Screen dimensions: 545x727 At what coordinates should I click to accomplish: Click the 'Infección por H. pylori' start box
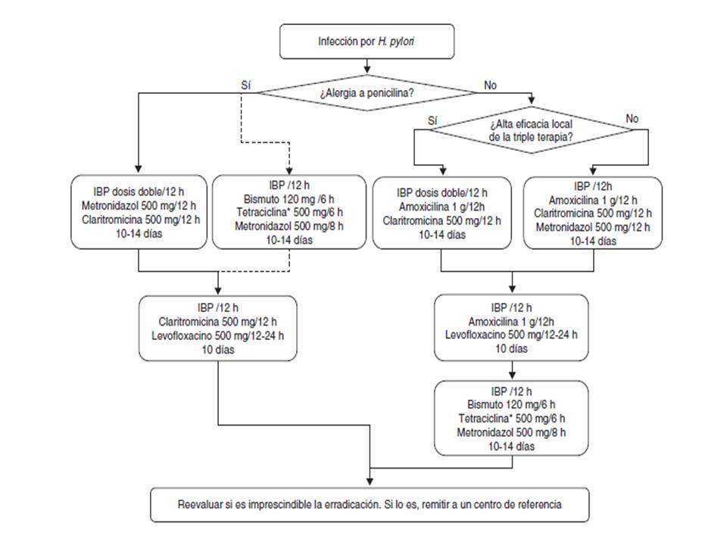(x=367, y=41)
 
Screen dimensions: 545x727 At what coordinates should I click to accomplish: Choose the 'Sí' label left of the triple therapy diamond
(x=432, y=120)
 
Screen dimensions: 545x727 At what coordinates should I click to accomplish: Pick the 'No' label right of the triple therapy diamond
(x=632, y=118)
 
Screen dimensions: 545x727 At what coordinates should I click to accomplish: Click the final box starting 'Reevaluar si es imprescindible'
(x=369, y=503)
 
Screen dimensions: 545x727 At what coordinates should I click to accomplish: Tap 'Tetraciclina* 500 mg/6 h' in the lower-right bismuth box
(x=511, y=418)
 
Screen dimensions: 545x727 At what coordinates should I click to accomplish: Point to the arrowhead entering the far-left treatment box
(x=139, y=171)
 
